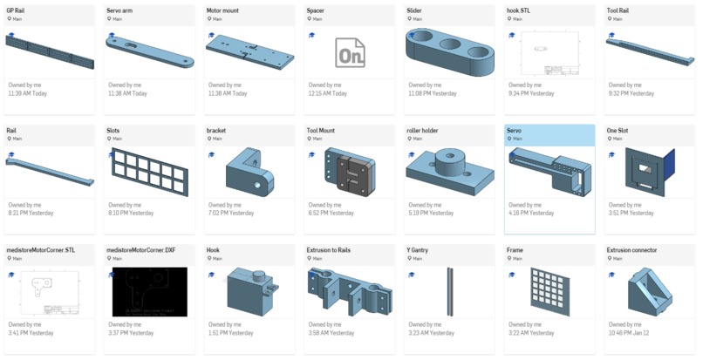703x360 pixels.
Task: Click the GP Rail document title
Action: (16, 10)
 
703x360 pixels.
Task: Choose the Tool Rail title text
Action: (620, 10)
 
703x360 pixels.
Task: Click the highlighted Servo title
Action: (515, 130)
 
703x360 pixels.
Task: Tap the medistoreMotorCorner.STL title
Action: (41, 249)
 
